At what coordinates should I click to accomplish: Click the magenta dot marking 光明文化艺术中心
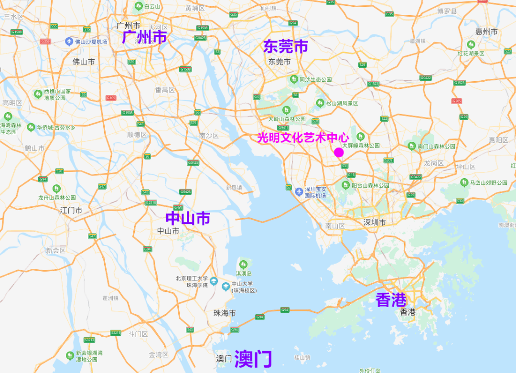tap(339, 152)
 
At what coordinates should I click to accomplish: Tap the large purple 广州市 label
tap(144, 37)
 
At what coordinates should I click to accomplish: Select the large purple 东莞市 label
tap(286, 46)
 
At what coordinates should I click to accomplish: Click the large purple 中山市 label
tap(188, 218)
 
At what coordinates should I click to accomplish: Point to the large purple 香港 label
tap(391, 300)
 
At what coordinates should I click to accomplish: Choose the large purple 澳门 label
tap(253, 359)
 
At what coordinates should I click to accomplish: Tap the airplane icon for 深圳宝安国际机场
tap(299, 192)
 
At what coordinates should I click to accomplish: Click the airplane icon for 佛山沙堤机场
tap(69, 42)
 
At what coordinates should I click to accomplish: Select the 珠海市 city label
tap(225, 313)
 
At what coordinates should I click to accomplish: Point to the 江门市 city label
tap(71, 210)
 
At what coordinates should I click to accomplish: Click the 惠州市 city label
tap(486, 32)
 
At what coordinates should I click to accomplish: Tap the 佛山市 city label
tap(84, 62)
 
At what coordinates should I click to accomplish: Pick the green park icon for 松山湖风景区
tap(320, 103)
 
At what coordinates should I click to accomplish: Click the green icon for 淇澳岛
tap(244, 264)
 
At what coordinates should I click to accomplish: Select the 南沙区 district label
tap(209, 136)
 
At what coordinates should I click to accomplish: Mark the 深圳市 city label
tap(375, 222)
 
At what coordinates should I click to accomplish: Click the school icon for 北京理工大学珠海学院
tap(214, 280)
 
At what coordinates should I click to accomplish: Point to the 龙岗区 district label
tap(434, 163)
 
